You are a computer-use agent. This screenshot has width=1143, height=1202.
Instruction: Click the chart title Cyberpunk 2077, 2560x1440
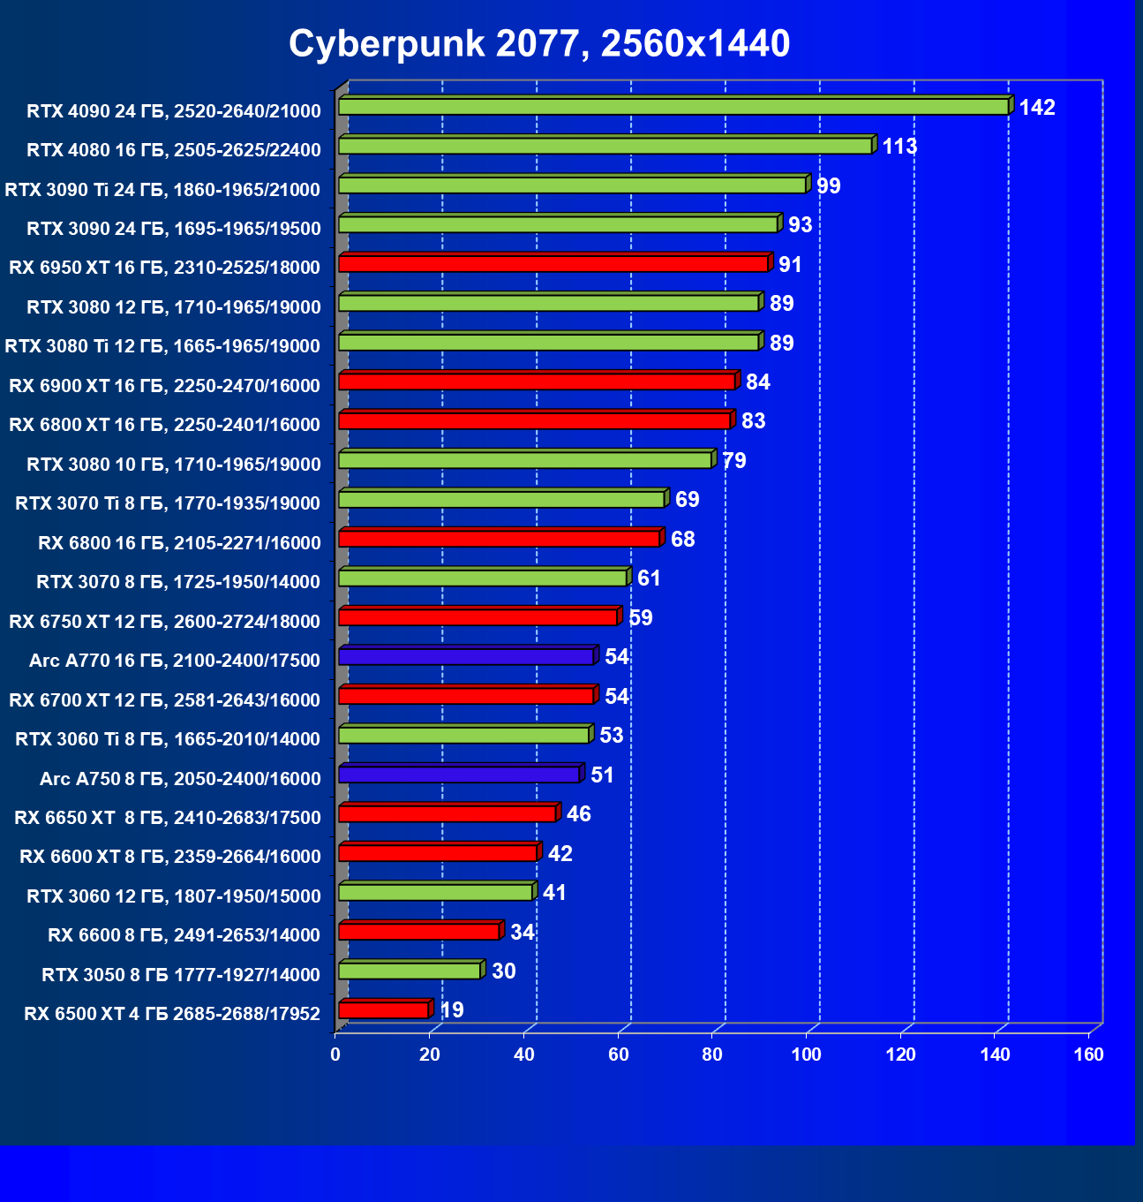tap(539, 43)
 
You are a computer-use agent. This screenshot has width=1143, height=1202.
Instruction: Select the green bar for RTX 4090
tap(673, 107)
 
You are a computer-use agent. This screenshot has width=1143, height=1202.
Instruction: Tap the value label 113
tap(899, 147)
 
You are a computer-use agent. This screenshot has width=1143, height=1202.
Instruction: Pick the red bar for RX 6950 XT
tap(553, 264)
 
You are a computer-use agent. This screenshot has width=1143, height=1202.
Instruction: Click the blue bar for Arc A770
tap(466, 657)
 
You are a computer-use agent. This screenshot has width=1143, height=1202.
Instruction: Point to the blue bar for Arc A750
tap(459, 775)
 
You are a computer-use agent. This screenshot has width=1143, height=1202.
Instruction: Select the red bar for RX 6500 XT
tap(384, 1010)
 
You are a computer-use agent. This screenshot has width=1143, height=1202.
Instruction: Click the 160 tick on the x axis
tap(1089, 1055)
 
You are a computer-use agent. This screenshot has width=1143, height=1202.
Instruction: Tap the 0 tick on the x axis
tap(335, 1055)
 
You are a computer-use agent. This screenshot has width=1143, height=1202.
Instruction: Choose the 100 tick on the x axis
tap(806, 1055)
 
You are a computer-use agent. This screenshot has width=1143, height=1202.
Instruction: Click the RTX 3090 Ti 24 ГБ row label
tap(162, 189)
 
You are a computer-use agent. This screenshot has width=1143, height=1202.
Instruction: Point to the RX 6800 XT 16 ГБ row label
tap(164, 425)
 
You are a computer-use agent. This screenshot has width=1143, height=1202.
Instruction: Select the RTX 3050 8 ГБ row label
tap(181, 975)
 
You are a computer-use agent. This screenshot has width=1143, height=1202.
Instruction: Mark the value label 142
tap(1037, 108)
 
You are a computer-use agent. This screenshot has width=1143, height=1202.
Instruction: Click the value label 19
tap(452, 1010)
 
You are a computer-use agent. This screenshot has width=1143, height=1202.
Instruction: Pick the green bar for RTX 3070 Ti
tap(501, 500)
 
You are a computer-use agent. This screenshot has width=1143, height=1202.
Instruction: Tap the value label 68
tap(682, 540)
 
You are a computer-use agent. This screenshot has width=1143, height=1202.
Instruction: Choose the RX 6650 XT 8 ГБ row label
tap(168, 818)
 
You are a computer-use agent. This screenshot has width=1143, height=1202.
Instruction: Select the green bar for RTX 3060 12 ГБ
tap(435, 892)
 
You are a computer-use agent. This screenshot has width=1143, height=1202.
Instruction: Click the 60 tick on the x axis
tap(618, 1055)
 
